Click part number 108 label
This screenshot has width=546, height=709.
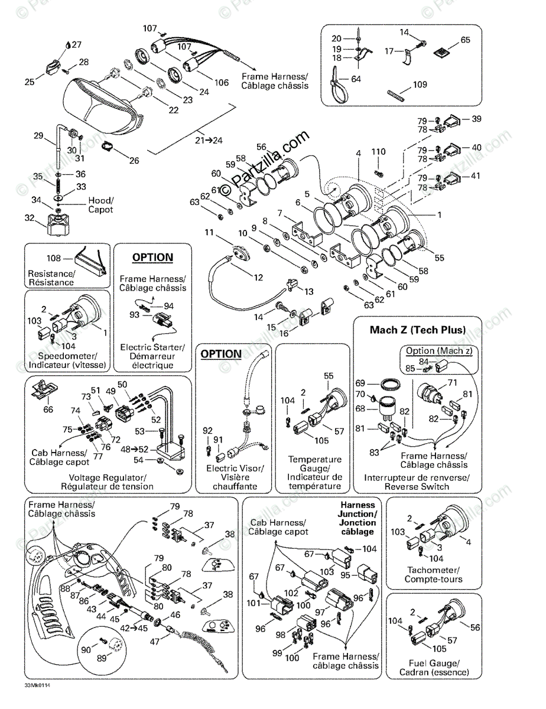[x=54, y=258]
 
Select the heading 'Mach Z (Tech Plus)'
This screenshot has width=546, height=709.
[x=417, y=330]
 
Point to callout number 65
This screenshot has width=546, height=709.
[x=466, y=40]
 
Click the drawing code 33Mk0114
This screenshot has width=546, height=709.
[x=37, y=687]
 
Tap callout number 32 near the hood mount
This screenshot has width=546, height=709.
[x=29, y=217]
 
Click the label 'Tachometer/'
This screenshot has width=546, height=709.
[x=434, y=570]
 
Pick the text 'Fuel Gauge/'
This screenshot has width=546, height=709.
[x=434, y=663]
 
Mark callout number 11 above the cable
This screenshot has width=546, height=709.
[x=209, y=233]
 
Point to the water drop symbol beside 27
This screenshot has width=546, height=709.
[x=67, y=44]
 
